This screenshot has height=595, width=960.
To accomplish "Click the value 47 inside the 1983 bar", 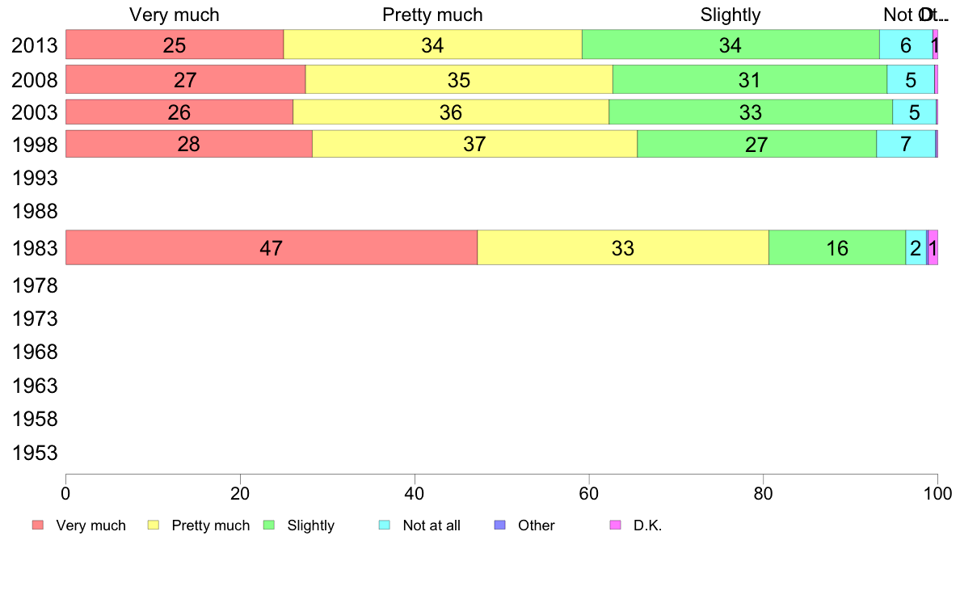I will tap(271, 248).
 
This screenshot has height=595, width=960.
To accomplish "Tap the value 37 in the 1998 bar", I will tap(474, 145).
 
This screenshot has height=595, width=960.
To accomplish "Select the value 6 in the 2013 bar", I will tap(906, 45).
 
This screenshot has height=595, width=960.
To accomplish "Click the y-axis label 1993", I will tap(35, 178).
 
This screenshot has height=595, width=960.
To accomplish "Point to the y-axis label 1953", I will tap(35, 454).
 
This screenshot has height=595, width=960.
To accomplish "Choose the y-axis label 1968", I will tap(35, 352).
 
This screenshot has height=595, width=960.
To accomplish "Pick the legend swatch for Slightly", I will tap(270, 525).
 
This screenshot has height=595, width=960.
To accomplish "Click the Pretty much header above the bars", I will tap(432, 15).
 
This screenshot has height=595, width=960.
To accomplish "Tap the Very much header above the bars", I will tap(175, 15).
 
